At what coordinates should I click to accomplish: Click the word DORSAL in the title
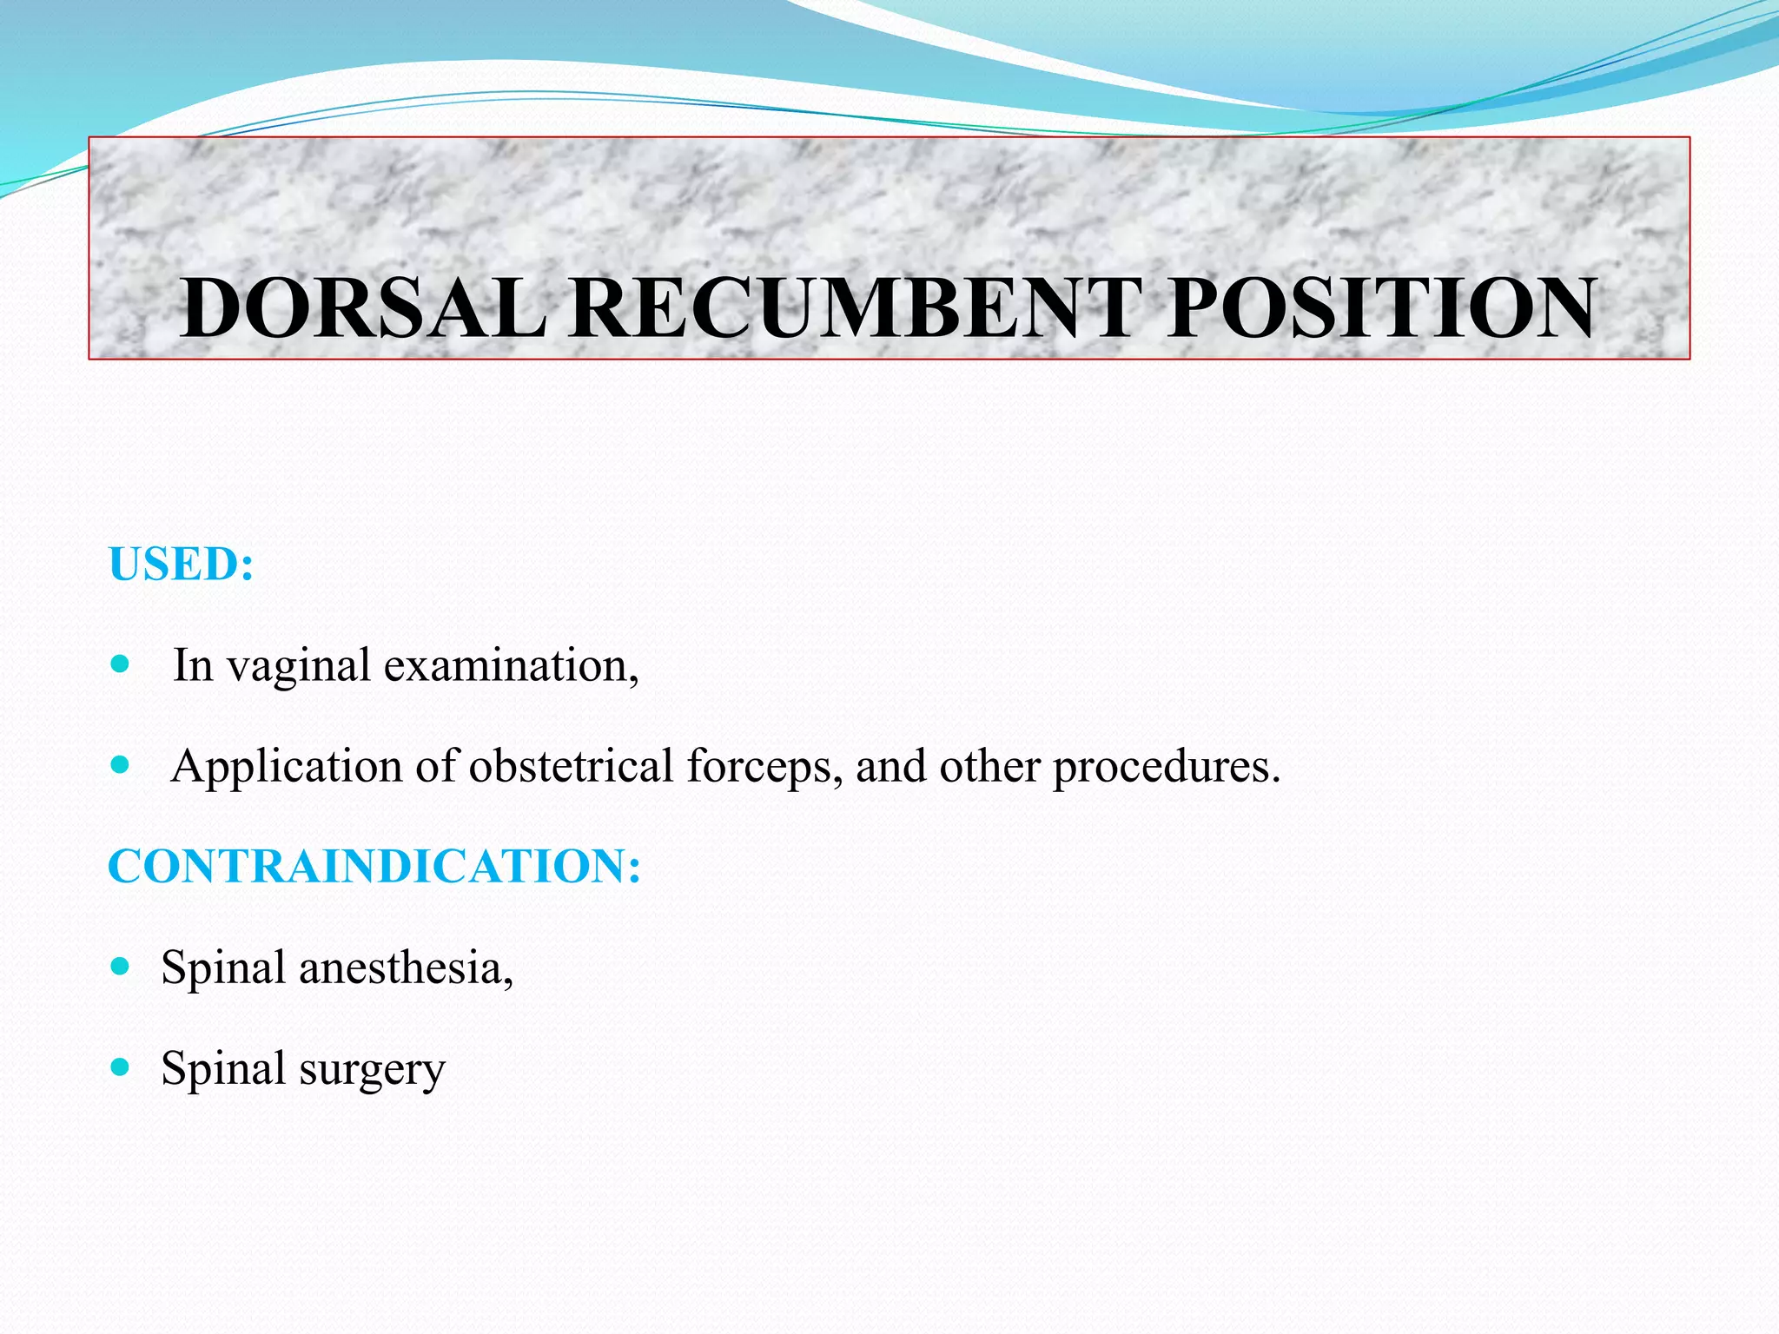click(363, 308)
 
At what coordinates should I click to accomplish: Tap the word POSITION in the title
click(1381, 308)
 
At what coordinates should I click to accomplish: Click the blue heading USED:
click(182, 565)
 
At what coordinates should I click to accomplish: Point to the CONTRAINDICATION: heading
click(374, 867)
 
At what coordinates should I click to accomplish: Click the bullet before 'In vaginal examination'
click(121, 665)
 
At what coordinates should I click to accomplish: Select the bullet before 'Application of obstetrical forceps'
click(121, 765)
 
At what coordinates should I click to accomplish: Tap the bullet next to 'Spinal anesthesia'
click(121, 967)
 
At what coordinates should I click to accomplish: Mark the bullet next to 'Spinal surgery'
click(121, 1067)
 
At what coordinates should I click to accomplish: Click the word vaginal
click(299, 667)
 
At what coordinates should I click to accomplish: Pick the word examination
click(511, 667)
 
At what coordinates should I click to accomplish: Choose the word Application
click(287, 768)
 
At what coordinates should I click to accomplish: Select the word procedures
click(1167, 768)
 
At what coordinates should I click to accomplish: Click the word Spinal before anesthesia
click(223, 968)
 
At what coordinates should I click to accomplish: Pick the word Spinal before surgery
click(223, 1069)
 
